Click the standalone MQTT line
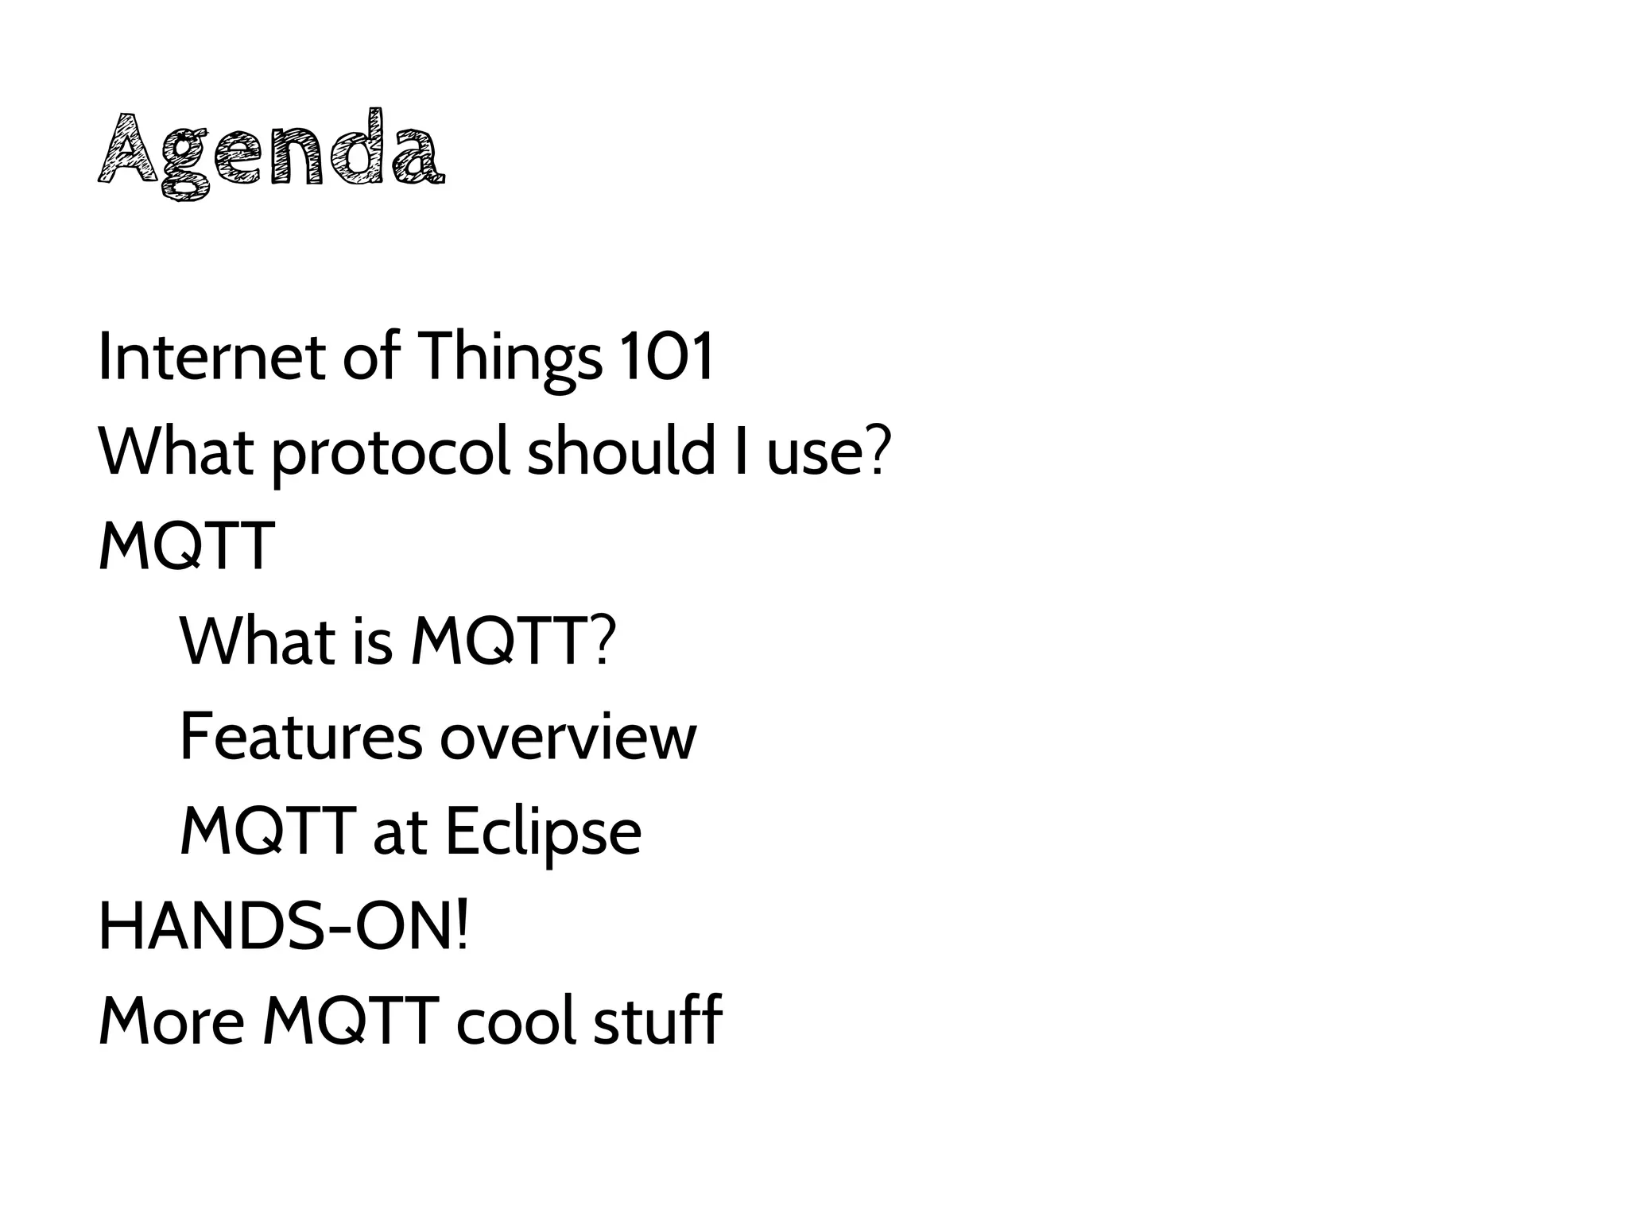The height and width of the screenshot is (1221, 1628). (x=187, y=546)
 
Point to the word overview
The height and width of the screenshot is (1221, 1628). (x=568, y=737)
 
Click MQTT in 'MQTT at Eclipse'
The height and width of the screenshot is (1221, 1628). (x=267, y=831)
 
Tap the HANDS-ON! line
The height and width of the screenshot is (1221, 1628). (x=284, y=927)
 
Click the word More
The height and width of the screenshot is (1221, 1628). (x=171, y=1021)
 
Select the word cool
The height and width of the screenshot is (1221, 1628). (x=516, y=1021)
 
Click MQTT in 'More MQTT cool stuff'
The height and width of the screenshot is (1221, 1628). (x=351, y=1021)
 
